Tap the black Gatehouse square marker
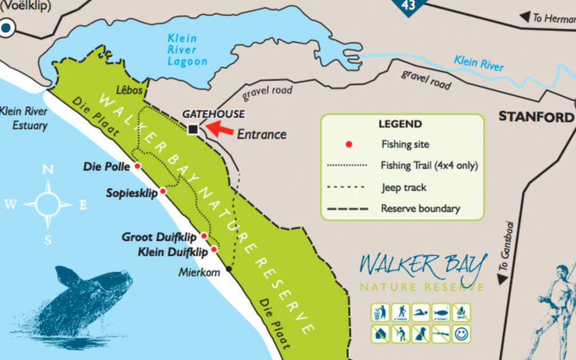[193, 129]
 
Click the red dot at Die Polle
[137, 166]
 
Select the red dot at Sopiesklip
[163, 191]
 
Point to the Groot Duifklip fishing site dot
[204, 236]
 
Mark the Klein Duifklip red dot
[214, 249]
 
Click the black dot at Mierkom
[229, 269]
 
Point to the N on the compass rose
[48, 170]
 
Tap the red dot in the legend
[349, 144]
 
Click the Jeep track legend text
[404, 187]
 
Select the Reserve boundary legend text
[420, 209]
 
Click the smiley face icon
[461, 334]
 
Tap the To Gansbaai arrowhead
[501, 279]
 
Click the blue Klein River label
[478, 63]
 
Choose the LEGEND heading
[400, 124]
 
